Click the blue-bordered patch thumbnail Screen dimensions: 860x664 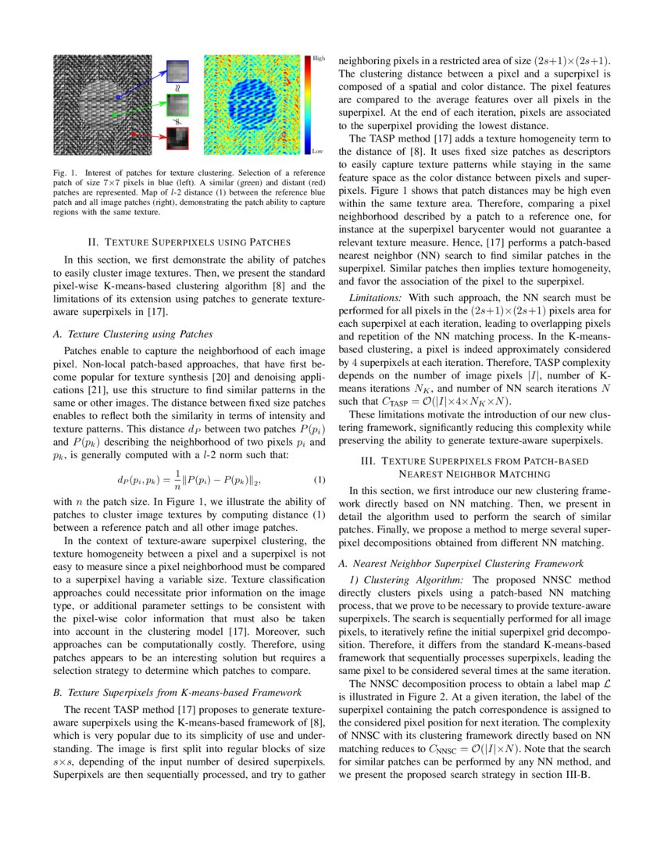pyautogui.click(x=178, y=72)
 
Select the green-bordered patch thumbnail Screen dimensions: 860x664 pyautogui.click(x=178, y=106)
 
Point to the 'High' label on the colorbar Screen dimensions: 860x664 pyautogui.click(x=319, y=59)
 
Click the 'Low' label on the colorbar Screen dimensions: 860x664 pyautogui.click(x=318, y=151)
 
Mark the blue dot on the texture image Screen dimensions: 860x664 pyautogui.click(x=118, y=98)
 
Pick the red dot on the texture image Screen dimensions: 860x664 pyautogui.click(x=134, y=134)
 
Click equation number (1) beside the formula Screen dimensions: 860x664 pyautogui.click(x=319, y=479)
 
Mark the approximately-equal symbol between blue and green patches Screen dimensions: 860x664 pyautogui.click(x=178, y=88)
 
